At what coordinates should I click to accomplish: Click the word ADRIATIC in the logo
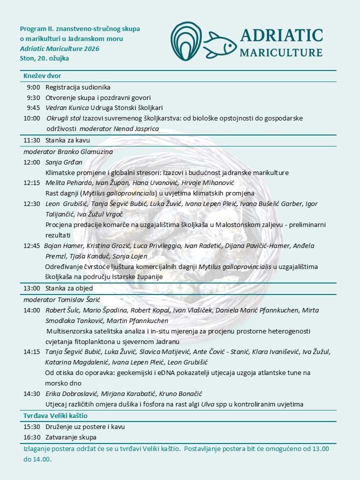(281, 35)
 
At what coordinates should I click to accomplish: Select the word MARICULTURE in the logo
(281, 52)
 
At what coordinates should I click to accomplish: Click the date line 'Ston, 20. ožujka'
(44, 58)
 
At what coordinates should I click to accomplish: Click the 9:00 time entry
(33, 87)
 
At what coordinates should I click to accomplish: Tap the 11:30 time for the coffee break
(31, 139)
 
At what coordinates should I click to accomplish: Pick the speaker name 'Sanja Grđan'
(64, 162)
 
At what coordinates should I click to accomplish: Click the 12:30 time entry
(31, 203)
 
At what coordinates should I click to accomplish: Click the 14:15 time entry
(31, 351)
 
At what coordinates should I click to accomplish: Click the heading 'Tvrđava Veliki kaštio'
(56, 416)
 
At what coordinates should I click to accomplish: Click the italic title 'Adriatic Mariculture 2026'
(59, 48)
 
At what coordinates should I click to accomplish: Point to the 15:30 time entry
(31, 426)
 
